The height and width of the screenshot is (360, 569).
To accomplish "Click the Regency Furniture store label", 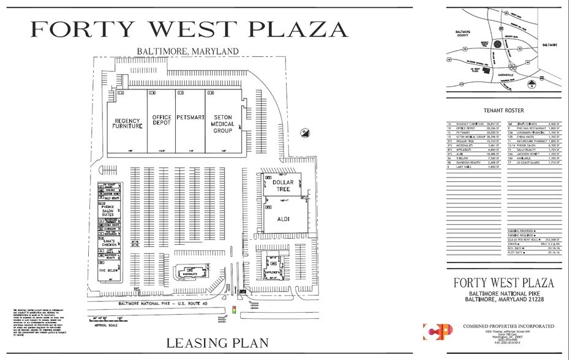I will coord(127,123).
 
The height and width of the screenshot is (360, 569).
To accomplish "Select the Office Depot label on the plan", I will coord(162,120).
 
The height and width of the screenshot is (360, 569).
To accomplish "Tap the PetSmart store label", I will coord(190,117).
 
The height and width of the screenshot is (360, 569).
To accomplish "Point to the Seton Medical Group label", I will coord(222,123).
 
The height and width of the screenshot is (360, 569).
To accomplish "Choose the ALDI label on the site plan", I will coord(284,219).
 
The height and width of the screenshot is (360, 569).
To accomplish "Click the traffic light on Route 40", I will coord(234,310).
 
